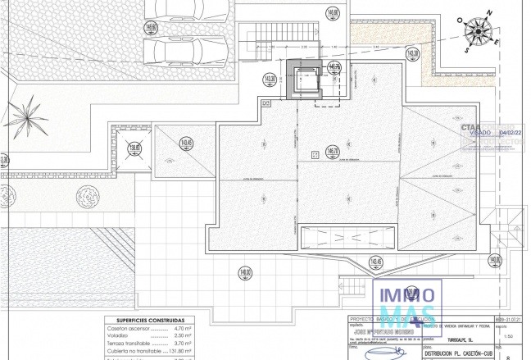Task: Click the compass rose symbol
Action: click(478, 32)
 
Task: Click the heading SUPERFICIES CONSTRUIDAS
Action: click(149, 321)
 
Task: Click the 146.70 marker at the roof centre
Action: click(333, 151)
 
